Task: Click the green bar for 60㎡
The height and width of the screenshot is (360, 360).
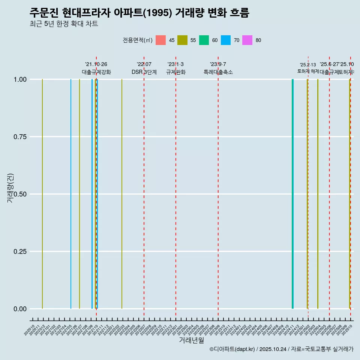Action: [x=292, y=194]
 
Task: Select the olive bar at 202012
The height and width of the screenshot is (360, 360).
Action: [x=42, y=194]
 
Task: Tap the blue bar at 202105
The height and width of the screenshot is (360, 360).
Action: [x=71, y=194]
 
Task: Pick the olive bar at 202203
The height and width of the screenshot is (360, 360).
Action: [x=122, y=194]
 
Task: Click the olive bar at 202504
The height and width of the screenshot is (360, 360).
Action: [x=318, y=194]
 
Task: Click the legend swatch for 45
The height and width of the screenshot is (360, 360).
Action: [x=160, y=40]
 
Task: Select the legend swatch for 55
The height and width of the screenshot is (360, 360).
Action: [x=182, y=40]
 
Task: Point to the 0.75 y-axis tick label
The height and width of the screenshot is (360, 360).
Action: [x=19, y=136]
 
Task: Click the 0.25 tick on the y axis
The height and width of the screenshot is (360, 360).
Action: [x=19, y=251]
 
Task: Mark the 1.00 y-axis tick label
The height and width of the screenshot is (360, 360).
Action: [x=19, y=79]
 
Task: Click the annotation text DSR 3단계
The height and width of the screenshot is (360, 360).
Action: [x=144, y=72]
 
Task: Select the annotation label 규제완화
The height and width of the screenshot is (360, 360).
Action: [x=176, y=72]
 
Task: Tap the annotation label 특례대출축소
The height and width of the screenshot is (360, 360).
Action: [x=218, y=72]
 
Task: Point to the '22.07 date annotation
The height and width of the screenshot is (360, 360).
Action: [x=144, y=64]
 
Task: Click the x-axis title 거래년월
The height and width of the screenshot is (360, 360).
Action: [x=191, y=340]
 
